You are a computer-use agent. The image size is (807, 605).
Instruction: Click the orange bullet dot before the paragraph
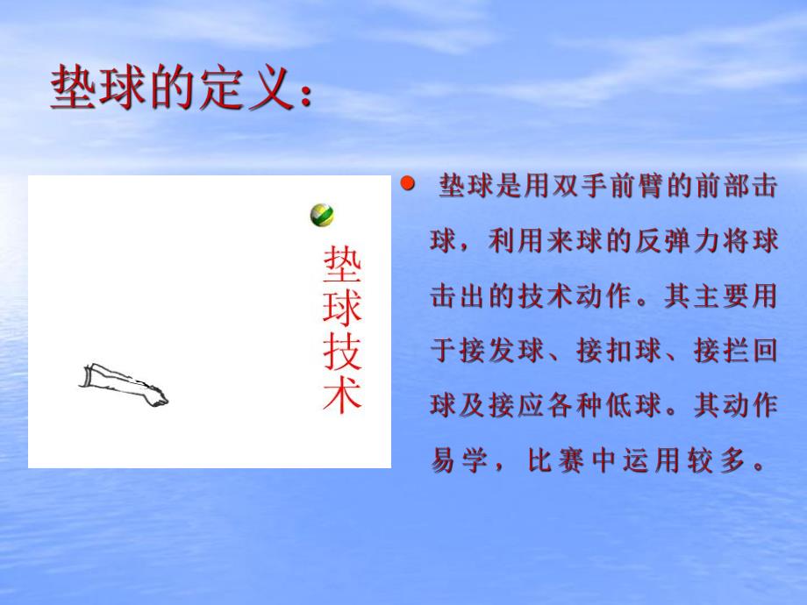tap(406, 185)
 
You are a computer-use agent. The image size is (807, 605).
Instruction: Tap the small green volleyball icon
tap(322, 215)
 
